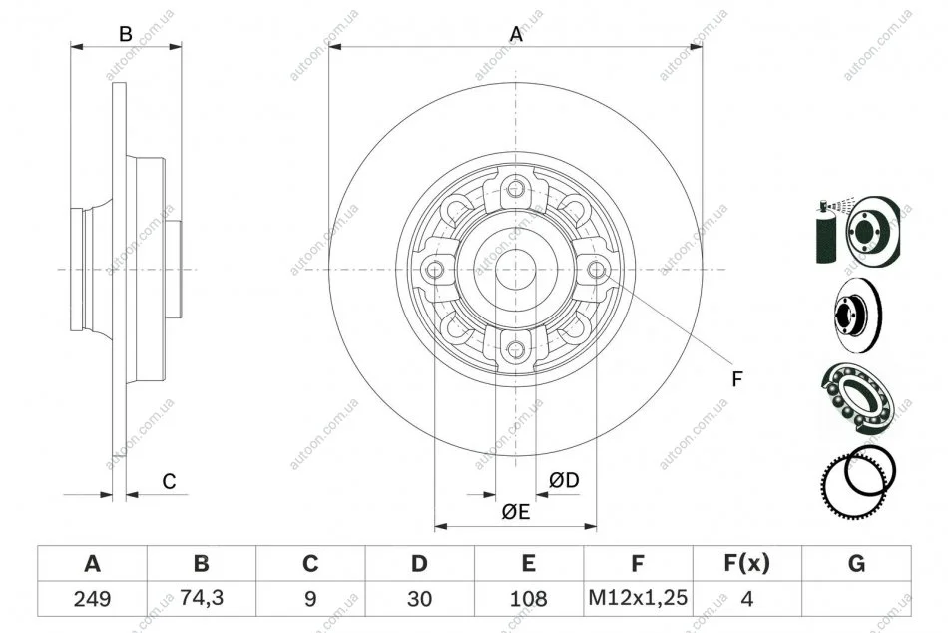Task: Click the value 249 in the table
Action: [x=92, y=599]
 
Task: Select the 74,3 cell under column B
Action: [x=202, y=598]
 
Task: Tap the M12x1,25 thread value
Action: [x=638, y=598]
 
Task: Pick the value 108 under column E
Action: [x=529, y=599]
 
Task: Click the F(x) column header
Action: [x=747, y=563]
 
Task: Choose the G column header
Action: [x=857, y=563]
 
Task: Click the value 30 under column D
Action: [x=419, y=599]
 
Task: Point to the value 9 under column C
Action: [x=310, y=599]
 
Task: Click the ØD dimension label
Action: [x=564, y=480]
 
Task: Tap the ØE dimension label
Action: [x=515, y=512]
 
